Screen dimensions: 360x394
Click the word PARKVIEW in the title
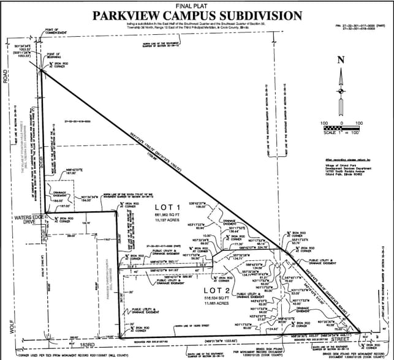click(x=131, y=16)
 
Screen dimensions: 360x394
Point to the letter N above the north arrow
click(x=342, y=59)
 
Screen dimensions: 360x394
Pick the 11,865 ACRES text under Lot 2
click(x=216, y=304)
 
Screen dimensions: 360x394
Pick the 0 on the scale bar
click(x=342, y=124)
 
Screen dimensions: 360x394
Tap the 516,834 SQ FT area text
click(x=216, y=298)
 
